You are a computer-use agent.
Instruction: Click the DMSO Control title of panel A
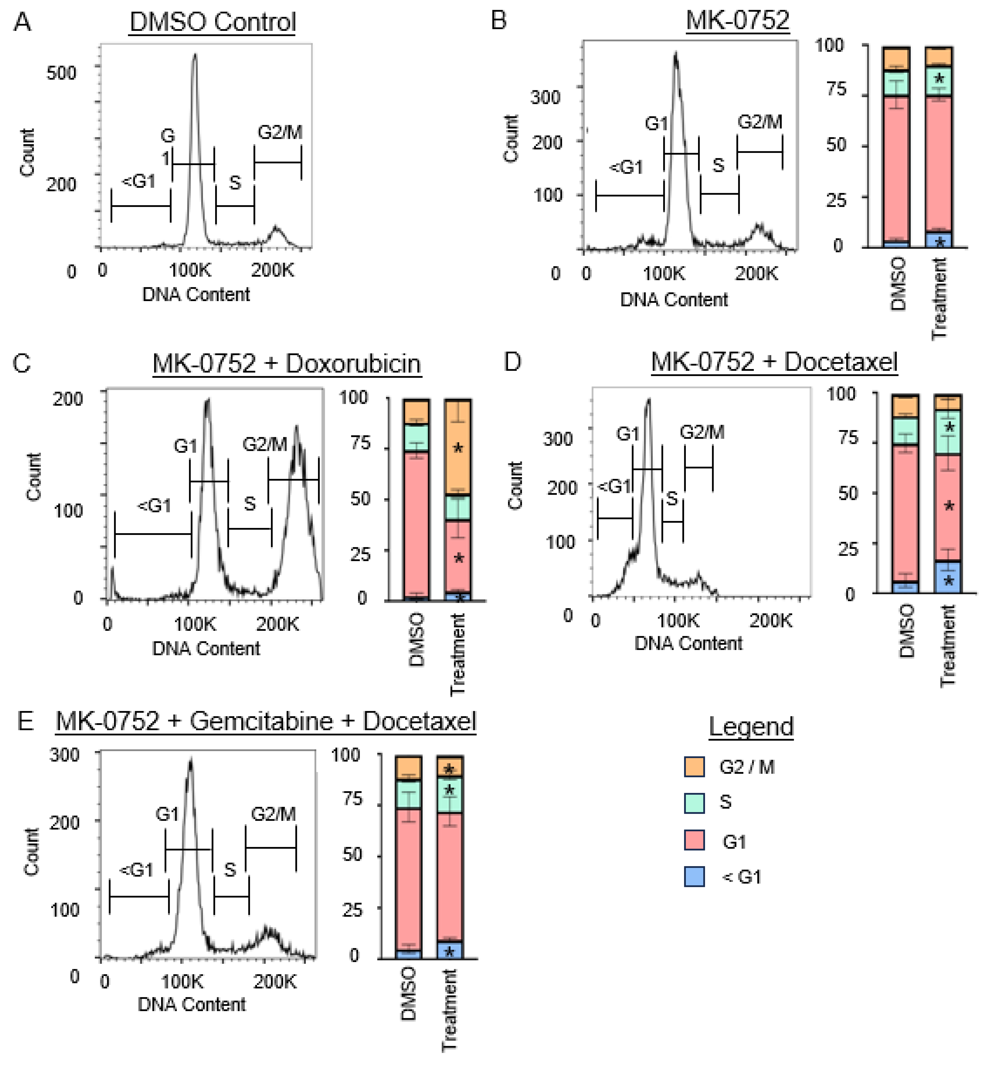(x=212, y=22)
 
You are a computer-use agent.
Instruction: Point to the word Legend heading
(x=751, y=726)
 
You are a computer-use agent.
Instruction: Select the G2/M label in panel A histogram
(x=280, y=132)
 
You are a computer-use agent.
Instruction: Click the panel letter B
(x=498, y=21)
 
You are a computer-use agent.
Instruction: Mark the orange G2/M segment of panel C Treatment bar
(x=457, y=447)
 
